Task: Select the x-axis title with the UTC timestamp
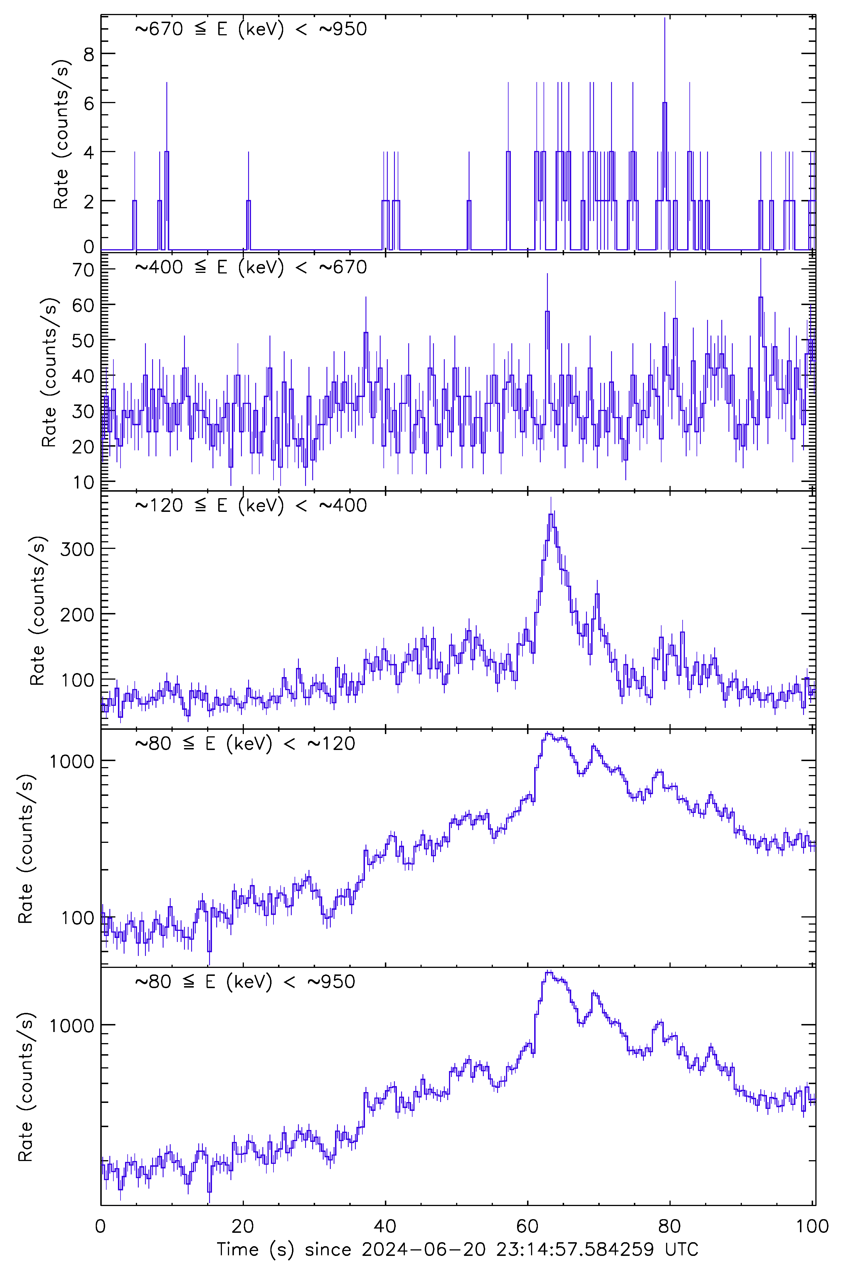(457, 1249)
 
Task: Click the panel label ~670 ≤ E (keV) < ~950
(250, 29)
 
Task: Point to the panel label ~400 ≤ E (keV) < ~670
(250, 267)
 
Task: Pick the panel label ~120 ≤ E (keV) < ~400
(250, 505)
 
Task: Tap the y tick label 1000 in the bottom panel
(72, 1026)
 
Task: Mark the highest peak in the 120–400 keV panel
(551, 515)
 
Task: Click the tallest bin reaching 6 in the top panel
(665, 103)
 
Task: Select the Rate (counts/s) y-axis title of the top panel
(61, 134)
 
